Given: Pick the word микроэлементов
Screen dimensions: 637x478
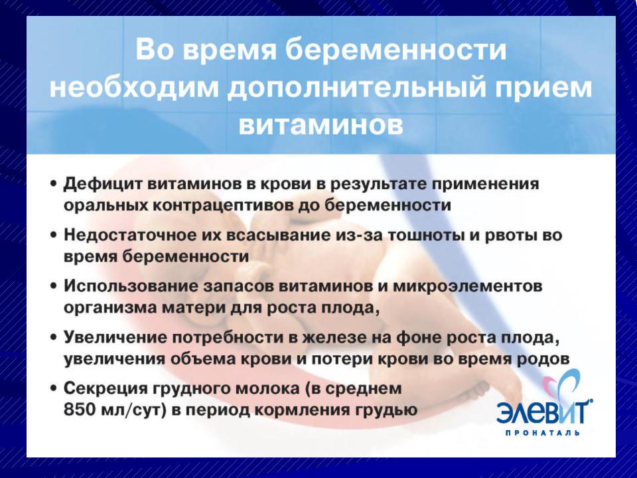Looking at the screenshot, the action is (467, 287).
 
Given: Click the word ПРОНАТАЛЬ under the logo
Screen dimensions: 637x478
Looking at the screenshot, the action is (542, 434).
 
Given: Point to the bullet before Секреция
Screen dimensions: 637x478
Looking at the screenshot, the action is (53, 388).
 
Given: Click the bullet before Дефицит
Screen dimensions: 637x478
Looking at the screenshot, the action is (53, 184).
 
